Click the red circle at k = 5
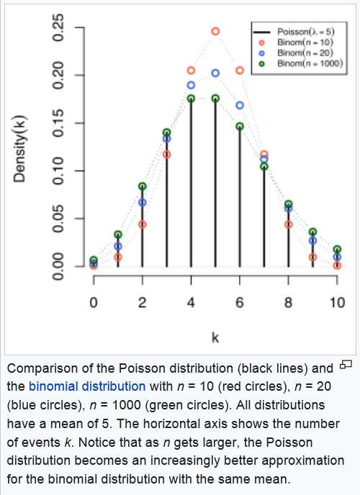click(215, 27)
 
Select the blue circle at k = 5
click(215, 70)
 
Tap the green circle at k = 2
click(143, 183)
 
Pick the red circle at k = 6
click(240, 67)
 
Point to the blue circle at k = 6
click(240, 101)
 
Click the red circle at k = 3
click(167, 151)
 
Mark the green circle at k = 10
click(337, 245)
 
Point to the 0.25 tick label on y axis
click(58, 28)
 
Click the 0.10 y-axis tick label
click(58, 171)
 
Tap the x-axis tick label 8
click(288, 302)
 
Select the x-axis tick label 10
click(337, 302)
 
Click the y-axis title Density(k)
click(19, 150)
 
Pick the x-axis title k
click(215, 337)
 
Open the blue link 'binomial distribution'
click(87, 386)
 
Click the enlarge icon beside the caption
click(346, 365)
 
